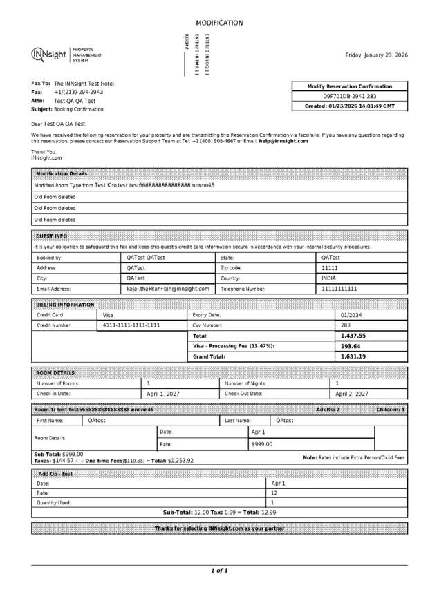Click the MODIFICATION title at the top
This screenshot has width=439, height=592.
[219, 23]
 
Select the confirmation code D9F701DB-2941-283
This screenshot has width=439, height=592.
[351, 97]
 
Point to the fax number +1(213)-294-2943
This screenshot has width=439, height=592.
[79, 92]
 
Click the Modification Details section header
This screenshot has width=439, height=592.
[62, 173]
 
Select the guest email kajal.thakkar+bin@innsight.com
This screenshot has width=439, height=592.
[168, 289]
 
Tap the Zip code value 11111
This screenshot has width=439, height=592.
[330, 267]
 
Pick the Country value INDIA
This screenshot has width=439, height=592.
[329, 278]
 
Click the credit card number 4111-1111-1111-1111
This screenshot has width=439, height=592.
[131, 325]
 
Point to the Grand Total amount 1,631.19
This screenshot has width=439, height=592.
[353, 356]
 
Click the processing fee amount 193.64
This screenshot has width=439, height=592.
[351, 346]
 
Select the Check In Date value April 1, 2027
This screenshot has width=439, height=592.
[163, 394]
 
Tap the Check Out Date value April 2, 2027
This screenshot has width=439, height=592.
[352, 394]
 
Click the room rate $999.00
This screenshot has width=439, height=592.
[262, 444]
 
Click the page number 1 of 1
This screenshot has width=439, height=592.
[219, 571]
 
